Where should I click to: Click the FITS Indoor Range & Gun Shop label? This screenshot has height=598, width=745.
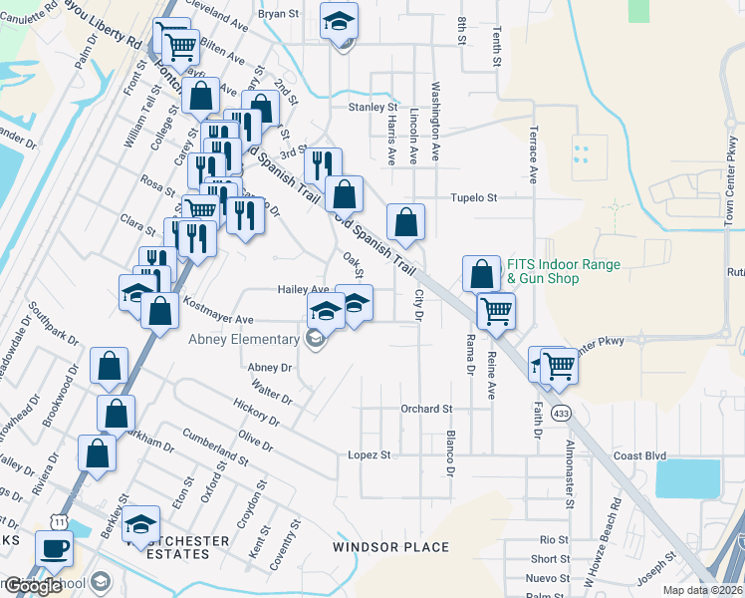click(564, 272)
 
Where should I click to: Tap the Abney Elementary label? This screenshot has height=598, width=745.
click(244, 339)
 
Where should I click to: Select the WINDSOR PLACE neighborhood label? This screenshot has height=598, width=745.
click(390, 547)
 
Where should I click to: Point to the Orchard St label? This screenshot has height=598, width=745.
click(426, 409)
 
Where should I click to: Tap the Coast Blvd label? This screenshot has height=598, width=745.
click(639, 455)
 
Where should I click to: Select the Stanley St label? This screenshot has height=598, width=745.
click(372, 107)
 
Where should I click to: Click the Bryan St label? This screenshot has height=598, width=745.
click(279, 14)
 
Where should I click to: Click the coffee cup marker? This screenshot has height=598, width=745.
click(54, 546)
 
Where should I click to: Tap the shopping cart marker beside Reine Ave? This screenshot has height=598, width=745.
click(496, 310)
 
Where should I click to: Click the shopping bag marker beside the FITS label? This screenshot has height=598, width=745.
click(481, 272)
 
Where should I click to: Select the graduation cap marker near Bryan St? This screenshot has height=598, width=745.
click(340, 20)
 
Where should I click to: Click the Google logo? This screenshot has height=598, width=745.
click(33, 586)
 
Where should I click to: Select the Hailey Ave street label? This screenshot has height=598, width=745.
click(303, 289)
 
